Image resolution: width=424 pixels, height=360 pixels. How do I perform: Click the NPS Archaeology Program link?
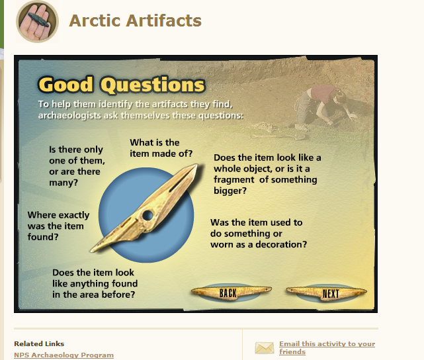[64, 355]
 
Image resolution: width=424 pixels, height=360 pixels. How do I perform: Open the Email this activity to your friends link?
[327, 347]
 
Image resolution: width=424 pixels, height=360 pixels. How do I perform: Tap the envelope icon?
[264, 348]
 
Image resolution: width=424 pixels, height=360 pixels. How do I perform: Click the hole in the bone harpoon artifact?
[148, 215]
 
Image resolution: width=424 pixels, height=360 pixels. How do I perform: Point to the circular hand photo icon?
[37, 21]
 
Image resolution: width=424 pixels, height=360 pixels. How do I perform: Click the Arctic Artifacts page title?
[135, 21]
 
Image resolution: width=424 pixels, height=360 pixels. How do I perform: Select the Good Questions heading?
[122, 85]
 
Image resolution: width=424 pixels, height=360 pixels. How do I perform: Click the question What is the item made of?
[161, 148]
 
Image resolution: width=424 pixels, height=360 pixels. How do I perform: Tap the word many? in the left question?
[64, 183]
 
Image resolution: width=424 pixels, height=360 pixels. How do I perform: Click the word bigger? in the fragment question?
[230, 191]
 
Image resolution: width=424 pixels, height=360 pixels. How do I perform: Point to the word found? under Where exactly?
[43, 237]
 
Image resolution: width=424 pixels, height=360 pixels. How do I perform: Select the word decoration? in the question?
[281, 244]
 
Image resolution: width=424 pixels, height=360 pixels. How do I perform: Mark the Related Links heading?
[39, 343]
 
